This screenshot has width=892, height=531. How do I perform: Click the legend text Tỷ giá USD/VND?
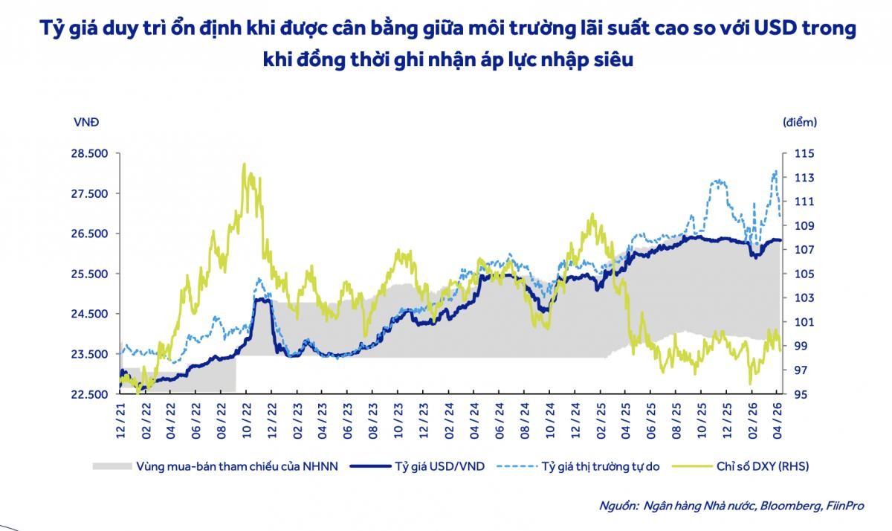click(x=439, y=466)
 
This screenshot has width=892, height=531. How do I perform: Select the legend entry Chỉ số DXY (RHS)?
click(x=763, y=466)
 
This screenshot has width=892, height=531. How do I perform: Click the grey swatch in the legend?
click(x=111, y=466)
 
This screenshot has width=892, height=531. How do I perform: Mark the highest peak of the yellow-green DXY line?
click(x=245, y=164)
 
